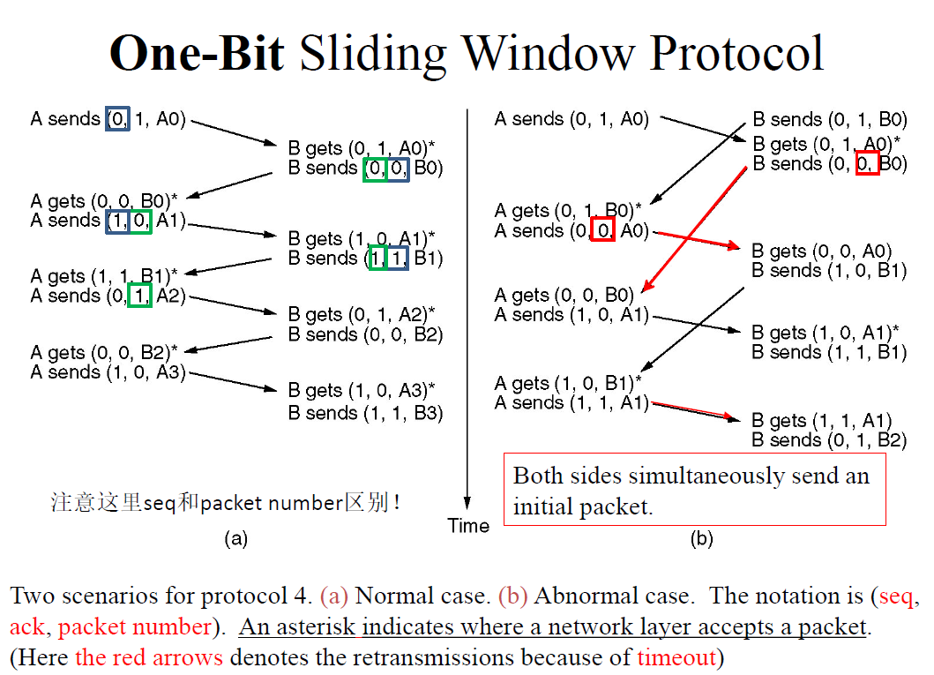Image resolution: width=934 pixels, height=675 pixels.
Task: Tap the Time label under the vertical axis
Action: click(468, 526)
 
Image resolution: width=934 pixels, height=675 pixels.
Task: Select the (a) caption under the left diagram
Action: click(235, 538)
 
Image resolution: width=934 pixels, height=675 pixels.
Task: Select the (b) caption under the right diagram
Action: click(702, 538)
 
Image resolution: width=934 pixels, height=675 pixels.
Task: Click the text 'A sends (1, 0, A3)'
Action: click(108, 372)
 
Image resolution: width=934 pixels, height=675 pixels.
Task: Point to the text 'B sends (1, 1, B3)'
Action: click(366, 413)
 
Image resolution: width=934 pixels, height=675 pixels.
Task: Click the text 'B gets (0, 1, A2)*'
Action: click(362, 314)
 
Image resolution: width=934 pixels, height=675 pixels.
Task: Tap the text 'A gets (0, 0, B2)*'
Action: click(104, 353)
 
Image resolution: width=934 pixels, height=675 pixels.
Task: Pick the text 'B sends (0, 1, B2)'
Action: click(829, 439)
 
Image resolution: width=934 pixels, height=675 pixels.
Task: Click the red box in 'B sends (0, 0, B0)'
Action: click(867, 163)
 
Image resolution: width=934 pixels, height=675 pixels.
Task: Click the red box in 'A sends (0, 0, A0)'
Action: click(602, 229)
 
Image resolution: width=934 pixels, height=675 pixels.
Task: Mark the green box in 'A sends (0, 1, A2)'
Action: click(139, 296)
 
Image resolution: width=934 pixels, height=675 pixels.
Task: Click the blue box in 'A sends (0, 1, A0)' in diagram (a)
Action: click(118, 118)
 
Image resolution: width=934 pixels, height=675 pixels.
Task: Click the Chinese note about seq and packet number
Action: click(225, 502)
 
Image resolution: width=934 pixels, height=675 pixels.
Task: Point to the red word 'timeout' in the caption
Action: click(676, 657)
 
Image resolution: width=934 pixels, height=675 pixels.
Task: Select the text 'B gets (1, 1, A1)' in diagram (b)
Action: click(821, 421)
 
